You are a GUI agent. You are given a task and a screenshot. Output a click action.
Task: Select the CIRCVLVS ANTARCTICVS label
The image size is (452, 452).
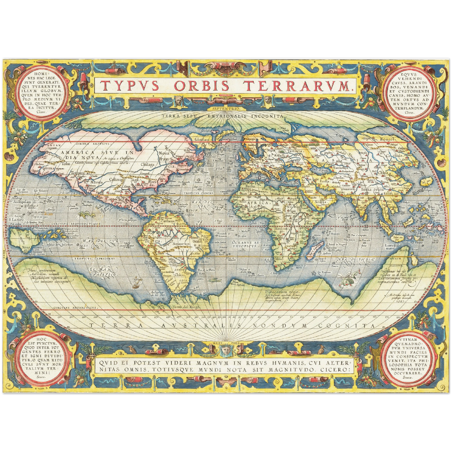click(74, 308)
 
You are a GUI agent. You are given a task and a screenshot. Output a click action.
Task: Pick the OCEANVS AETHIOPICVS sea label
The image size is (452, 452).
click(246, 244)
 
